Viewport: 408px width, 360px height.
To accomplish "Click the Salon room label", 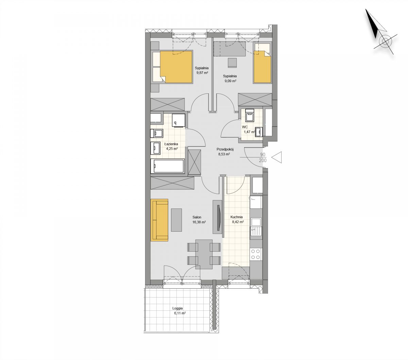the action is [197, 217].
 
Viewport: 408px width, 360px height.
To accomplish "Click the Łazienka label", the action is [171, 144].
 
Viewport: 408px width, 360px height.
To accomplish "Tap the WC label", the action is [245, 127].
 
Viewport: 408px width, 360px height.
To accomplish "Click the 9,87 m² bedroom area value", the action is [202, 73].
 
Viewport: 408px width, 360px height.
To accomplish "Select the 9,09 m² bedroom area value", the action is [231, 81].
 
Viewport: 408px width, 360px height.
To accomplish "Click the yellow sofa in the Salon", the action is [159, 220].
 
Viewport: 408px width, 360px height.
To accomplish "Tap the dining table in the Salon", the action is [204, 254].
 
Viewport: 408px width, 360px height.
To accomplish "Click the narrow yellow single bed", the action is [262, 67].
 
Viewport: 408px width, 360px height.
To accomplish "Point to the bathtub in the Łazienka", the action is [168, 166].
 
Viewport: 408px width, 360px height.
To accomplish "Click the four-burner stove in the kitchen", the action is [256, 254].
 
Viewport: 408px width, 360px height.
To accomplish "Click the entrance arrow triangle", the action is [277, 157].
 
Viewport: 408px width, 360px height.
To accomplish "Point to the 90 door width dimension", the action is [262, 155].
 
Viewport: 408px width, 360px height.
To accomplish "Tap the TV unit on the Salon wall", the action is [218, 217].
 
